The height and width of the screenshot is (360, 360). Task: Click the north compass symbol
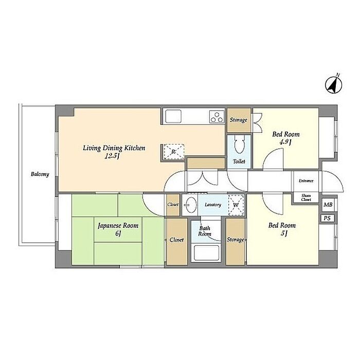point(334,84)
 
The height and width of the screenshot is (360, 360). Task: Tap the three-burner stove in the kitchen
point(217,117)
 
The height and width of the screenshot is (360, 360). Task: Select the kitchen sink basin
point(173,116)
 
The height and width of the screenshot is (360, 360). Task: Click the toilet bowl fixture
point(240,143)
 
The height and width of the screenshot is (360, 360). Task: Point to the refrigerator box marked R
point(174,152)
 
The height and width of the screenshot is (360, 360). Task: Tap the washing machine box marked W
point(236,205)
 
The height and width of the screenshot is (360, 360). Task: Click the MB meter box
point(328,204)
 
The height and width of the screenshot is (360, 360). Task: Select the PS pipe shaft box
point(327,218)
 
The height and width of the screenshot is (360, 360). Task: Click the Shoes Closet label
point(306,197)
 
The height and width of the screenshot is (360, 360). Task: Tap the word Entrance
point(306,181)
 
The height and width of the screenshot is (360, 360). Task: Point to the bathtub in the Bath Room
point(206,253)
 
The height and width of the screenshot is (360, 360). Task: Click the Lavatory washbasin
point(190,205)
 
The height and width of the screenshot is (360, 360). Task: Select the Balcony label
point(40,174)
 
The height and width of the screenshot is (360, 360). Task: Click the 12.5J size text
point(112,156)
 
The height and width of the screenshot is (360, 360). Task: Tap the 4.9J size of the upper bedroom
point(285,142)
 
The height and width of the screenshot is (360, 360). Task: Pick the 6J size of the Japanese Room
point(118,233)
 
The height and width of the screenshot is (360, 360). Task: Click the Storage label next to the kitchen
point(239,120)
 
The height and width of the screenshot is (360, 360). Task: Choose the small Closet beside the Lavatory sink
point(173,204)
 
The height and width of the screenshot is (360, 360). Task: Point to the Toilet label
point(239,161)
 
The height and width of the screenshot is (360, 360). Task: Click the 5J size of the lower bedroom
point(284,233)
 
